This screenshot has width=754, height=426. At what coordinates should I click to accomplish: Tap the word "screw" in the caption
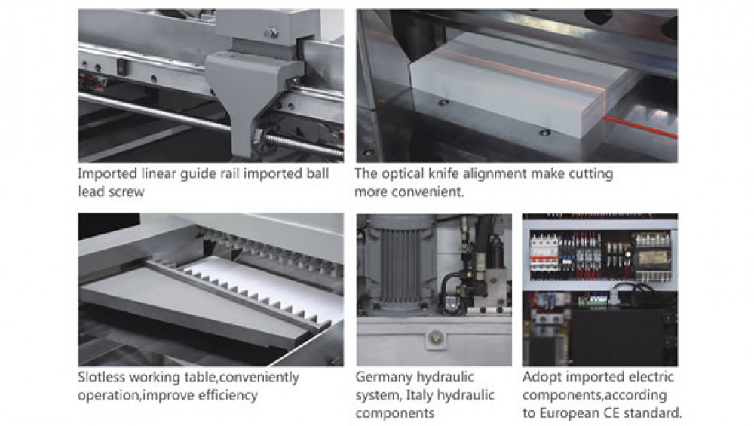tap(126, 192)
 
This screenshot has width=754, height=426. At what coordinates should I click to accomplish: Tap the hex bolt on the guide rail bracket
tap(271, 32)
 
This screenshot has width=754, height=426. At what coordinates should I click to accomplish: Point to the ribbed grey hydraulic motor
tap(398, 262)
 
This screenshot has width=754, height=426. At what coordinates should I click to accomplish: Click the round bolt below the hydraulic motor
tap(436, 337)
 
